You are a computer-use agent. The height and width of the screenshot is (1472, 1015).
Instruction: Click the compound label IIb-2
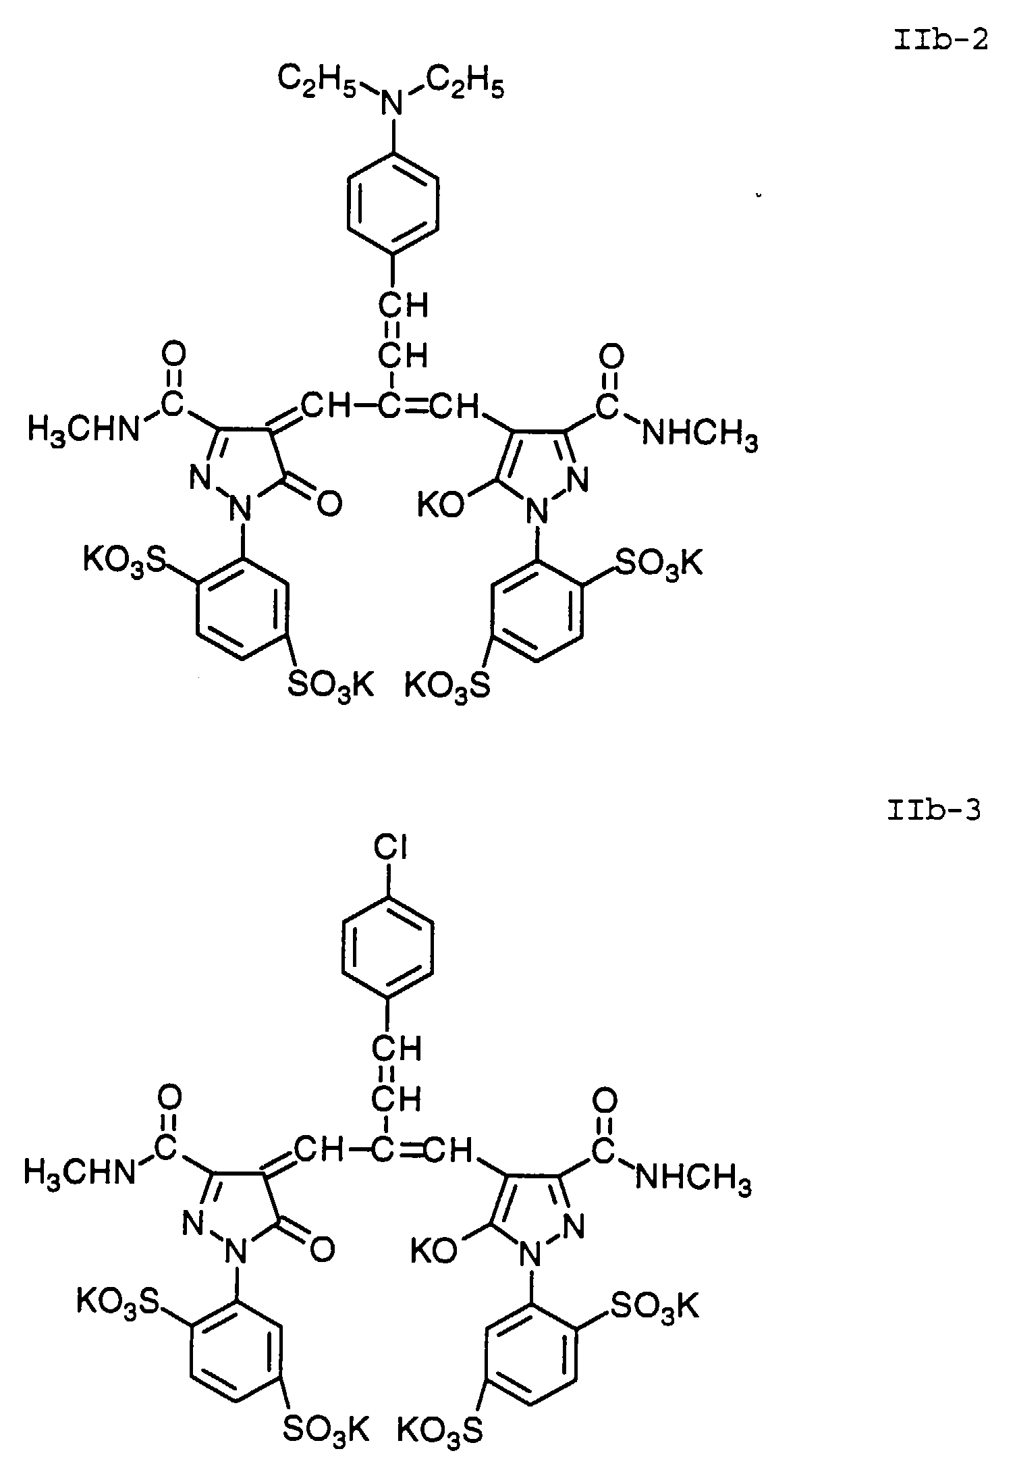pyautogui.click(x=941, y=41)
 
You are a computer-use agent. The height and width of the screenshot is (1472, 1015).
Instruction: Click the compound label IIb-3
pyautogui.click(x=934, y=810)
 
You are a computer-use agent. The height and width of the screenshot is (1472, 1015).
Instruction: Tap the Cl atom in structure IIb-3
pyautogui.click(x=388, y=850)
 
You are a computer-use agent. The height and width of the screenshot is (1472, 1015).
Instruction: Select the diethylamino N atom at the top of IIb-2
pyautogui.click(x=389, y=104)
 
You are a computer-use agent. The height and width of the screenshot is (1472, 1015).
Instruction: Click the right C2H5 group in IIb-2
pyautogui.click(x=465, y=84)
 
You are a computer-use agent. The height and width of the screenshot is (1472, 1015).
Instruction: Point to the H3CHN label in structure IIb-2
pyautogui.click(x=82, y=430)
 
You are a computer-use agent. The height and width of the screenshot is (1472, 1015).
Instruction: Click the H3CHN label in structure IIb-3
pyautogui.click(x=79, y=1172)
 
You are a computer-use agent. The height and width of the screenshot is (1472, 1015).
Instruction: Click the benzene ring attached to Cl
pyautogui.click(x=388, y=953)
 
